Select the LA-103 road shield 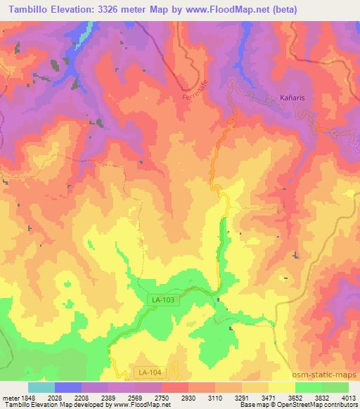coord(162,299)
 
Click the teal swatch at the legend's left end coord(41,387)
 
